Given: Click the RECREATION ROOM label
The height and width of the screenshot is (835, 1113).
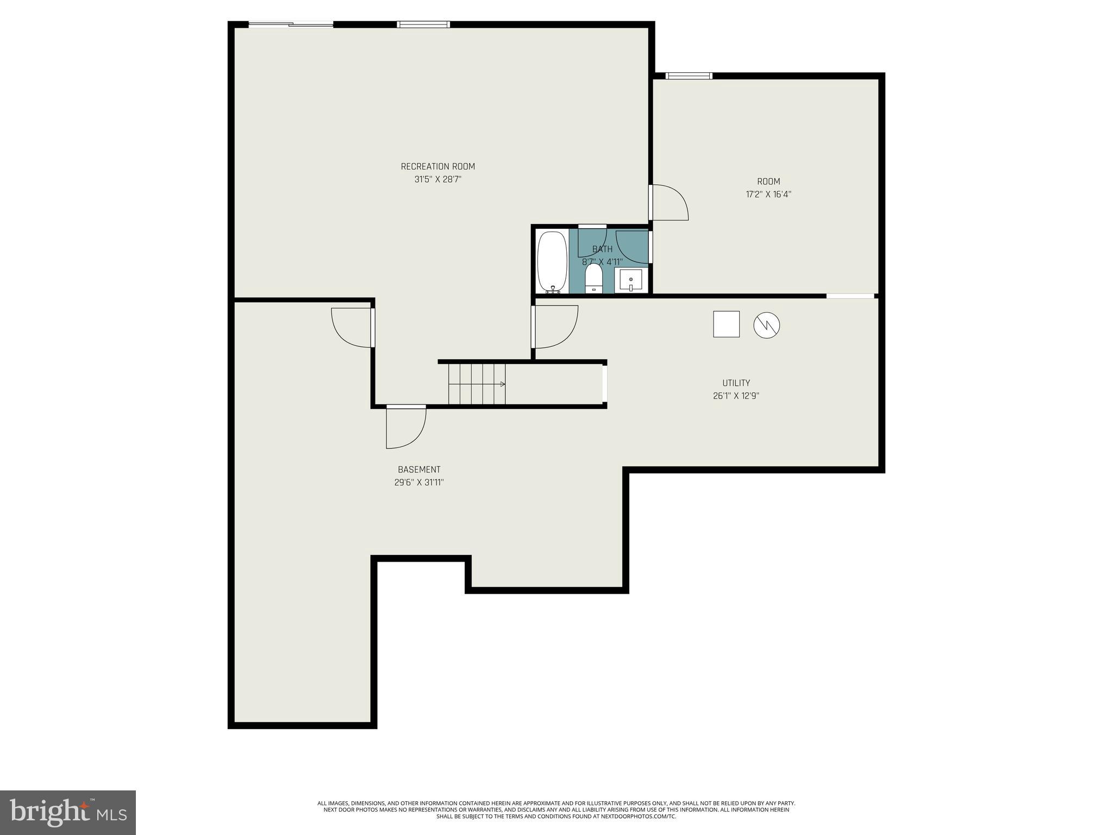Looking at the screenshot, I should coord(437,166).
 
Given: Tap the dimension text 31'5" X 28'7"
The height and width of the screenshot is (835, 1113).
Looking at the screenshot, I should coord(437,179).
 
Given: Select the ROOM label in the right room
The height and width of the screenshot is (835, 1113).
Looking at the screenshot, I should coord(768,182).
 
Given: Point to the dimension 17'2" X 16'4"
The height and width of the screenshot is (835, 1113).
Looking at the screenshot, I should coord(768,195).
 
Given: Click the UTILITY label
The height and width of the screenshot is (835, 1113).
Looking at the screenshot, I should coord(736,383).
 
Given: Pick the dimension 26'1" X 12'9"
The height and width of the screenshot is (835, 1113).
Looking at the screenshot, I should coord(736,396).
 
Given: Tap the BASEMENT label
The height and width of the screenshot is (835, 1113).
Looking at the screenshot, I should coord(418,470).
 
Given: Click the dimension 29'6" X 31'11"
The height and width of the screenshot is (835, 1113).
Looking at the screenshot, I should coord(418,483).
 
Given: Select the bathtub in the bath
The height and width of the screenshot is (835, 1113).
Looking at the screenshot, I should coord(552,261).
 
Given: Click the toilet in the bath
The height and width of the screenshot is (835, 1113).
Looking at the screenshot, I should coord(593,278).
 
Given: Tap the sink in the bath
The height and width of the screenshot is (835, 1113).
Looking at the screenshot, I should coord(630,280).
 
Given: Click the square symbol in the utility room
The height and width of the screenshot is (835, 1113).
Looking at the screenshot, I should coord(726,324).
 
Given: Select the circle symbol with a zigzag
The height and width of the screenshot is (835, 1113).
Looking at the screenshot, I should coord(766,325).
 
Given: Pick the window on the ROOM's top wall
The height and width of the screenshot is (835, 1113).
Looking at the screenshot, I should coord(689,76).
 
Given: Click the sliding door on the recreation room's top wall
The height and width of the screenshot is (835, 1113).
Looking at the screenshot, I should coord(291,24).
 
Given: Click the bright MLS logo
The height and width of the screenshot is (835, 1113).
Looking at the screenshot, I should coord(68,812).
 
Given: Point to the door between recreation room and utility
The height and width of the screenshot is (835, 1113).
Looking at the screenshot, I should coord(554,326).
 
